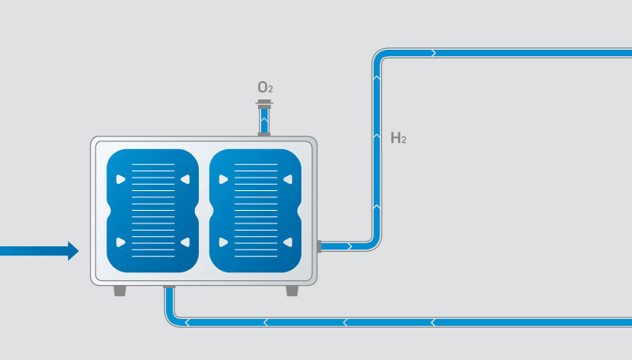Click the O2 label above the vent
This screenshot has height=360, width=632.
click(265, 88)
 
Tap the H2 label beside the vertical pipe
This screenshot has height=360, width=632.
click(398, 139)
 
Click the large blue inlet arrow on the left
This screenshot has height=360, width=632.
click(39, 251)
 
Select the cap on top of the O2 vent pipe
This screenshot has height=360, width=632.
click(265, 103)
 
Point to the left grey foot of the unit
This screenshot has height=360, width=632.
click(120, 291)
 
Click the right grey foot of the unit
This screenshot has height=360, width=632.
click(292, 291)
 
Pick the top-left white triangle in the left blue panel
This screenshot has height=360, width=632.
click(121, 179)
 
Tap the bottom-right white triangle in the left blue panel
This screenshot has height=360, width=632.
click(185, 242)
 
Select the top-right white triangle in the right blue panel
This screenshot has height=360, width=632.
click(288, 179)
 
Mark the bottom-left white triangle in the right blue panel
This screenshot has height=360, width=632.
click(223, 242)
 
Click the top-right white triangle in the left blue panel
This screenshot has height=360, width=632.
click(185, 179)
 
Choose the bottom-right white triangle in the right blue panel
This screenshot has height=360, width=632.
click(288, 242)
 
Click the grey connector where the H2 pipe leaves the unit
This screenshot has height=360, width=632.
click(320, 246)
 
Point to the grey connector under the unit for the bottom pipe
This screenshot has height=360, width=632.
click(169, 287)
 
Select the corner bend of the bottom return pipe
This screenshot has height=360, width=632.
click(171, 318)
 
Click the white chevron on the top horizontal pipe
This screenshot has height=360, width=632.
click(432, 53)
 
